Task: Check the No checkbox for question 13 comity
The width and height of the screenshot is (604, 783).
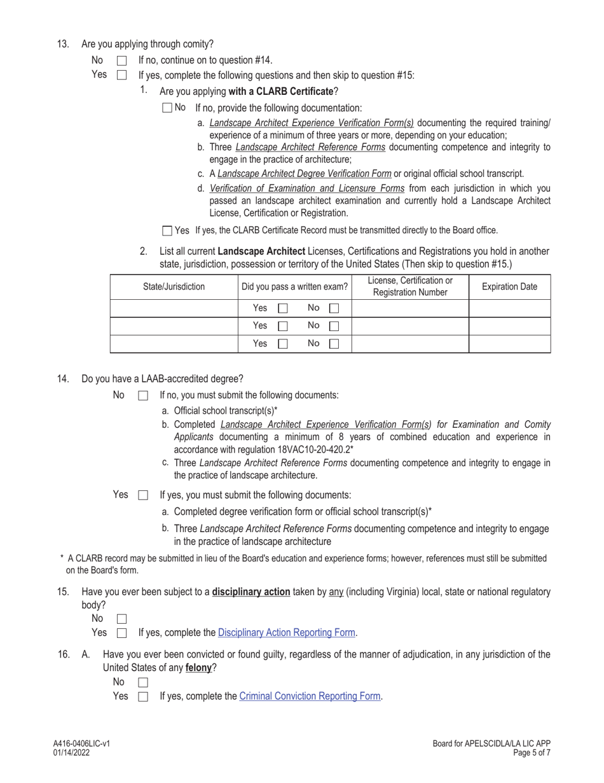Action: click(x=122, y=61)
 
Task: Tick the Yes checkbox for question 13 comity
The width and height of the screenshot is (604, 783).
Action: click(x=122, y=76)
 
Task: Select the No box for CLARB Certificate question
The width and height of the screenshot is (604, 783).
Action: click(x=167, y=108)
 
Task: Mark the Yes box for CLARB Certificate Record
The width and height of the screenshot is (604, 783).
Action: click(x=167, y=231)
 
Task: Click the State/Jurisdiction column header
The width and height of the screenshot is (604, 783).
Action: click(x=174, y=287)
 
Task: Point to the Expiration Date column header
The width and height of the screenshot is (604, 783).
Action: click(x=509, y=287)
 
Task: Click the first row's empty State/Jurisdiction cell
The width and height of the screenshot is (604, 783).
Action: click(x=174, y=309)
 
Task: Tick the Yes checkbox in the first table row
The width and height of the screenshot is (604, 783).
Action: click(x=283, y=309)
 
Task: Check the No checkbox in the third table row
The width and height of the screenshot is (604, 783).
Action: click(x=334, y=344)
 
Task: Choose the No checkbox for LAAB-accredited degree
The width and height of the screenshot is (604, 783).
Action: click(x=143, y=396)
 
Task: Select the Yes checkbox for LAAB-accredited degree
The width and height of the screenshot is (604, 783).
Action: click(x=143, y=495)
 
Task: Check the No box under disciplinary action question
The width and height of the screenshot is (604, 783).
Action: click(x=122, y=619)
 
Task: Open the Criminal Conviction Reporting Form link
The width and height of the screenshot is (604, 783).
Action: click(x=310, y=696)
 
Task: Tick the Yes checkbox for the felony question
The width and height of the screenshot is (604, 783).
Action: click(x=143, y=697)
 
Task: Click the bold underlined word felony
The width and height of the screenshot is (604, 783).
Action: click(x=198, y=668)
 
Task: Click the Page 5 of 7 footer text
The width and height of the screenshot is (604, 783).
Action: click(x=531, y=752)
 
